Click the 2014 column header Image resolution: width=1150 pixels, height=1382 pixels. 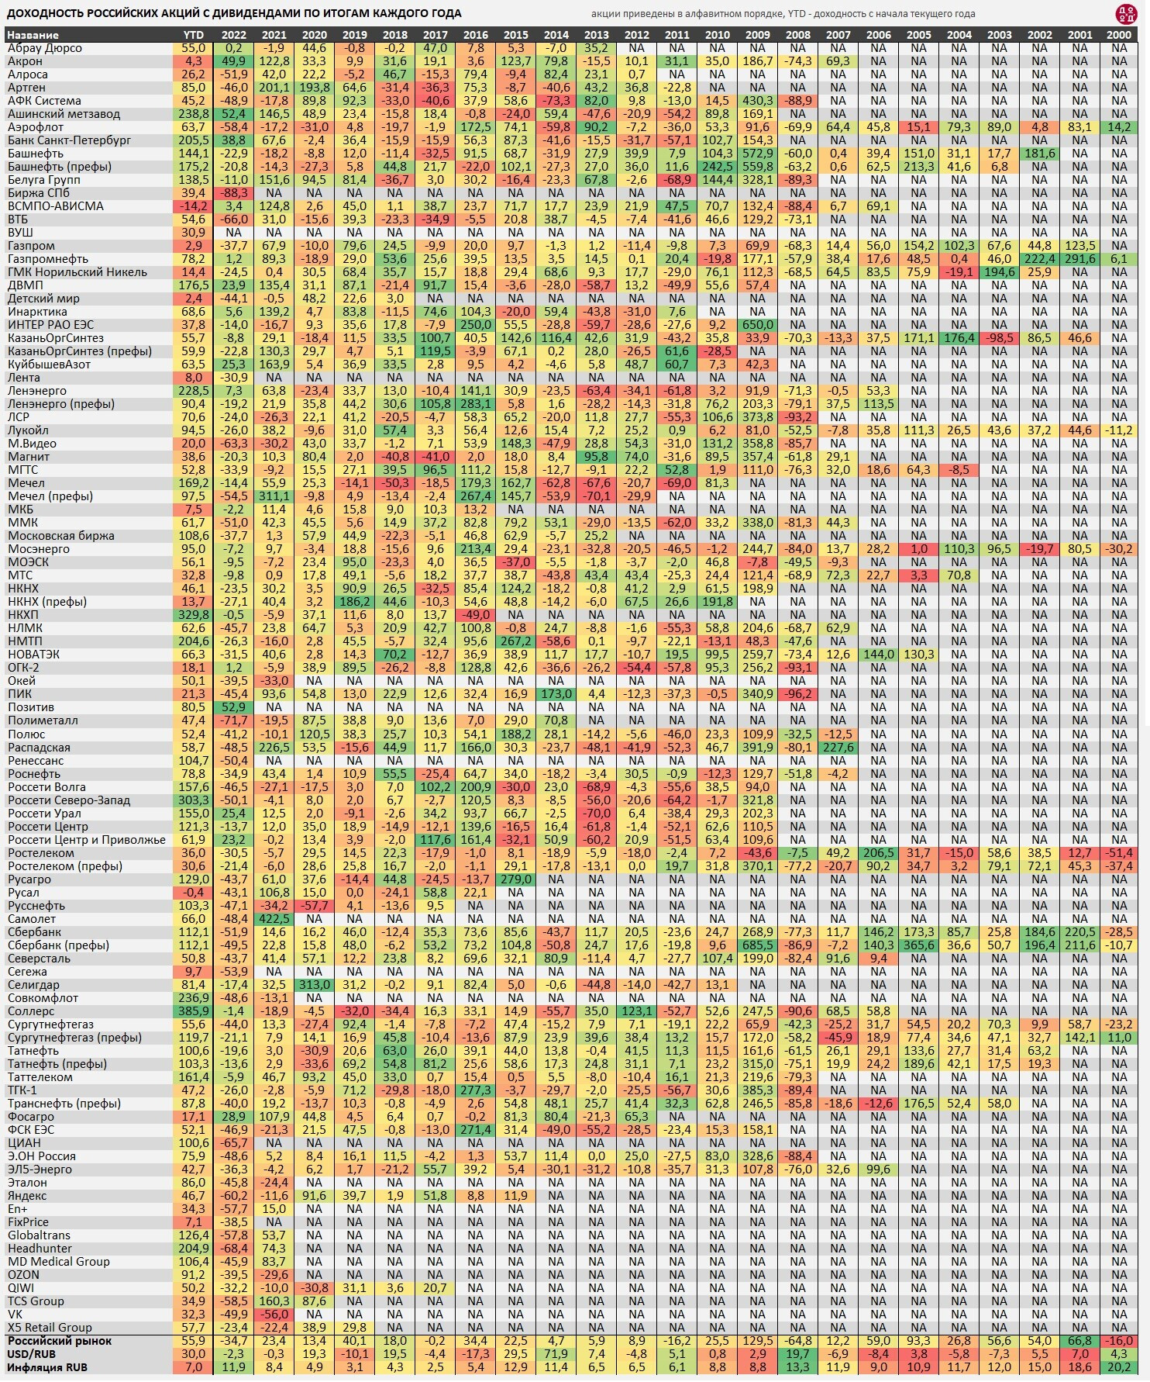(x=556, y=35)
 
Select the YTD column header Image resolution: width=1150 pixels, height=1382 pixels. (x=193, y=35)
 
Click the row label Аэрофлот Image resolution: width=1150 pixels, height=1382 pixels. (x=36, y=127)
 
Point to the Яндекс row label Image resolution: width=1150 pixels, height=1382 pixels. (x=27, y=1196)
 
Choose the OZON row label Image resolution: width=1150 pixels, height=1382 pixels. (x=23, y=1275)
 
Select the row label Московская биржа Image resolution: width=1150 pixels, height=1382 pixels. (x=61, y=536)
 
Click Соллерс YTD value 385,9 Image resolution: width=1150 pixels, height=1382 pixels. (x=193, y=1011)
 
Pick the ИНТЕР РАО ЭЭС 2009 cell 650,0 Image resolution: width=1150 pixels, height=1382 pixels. (x=757, y=325)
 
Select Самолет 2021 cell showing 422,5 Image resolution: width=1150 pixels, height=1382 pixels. (x=274, y=919)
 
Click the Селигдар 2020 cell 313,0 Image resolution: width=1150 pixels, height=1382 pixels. (x=314, y=985)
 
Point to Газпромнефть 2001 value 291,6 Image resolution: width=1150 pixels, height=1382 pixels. (x=1079, y=259)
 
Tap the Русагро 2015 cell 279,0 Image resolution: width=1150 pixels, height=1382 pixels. (x=515, y=879)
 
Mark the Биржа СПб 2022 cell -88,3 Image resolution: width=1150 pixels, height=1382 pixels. (x=233, y=193)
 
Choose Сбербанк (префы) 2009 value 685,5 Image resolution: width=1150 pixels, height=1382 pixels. (x=757, y=945)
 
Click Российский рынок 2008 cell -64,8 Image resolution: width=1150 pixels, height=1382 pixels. (x=797, y=1341)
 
